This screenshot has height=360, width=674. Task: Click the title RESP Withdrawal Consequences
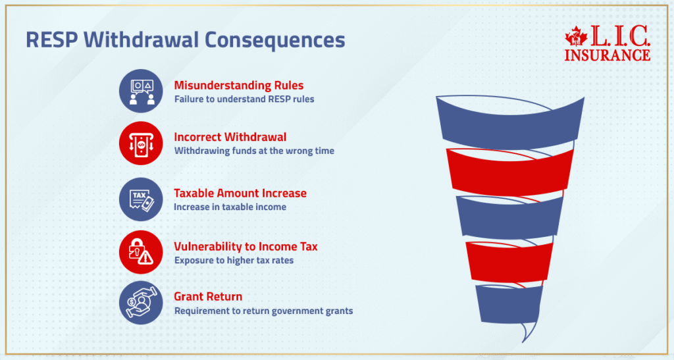click(185, 39)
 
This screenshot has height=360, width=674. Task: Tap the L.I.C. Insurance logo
click(607, 45)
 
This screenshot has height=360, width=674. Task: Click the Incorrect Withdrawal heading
click(230, 137)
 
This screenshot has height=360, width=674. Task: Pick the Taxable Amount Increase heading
click(240, 193)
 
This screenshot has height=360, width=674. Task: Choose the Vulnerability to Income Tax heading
click(246, 246)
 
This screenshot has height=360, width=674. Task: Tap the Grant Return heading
click(208, 296)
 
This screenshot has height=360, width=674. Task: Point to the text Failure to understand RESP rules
click(244, 99)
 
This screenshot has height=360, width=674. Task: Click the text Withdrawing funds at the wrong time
click(254, 151)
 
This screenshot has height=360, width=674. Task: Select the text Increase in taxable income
click(230, 207)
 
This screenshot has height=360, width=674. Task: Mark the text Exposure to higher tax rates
click(234, 260)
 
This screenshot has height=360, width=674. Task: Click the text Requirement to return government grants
click(263, 311)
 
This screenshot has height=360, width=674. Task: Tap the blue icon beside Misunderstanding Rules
click(141, 91)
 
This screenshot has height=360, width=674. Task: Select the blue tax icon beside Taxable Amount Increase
click(141, 199)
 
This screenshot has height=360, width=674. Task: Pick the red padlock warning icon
click(141, 252)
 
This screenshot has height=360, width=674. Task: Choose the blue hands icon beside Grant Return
click(141, 302)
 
